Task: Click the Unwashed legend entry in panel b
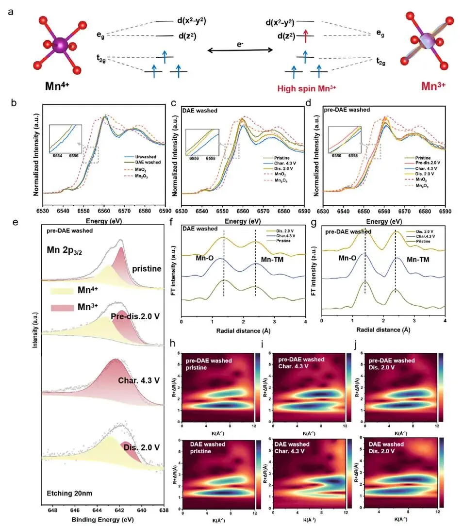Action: coord(137,157)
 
